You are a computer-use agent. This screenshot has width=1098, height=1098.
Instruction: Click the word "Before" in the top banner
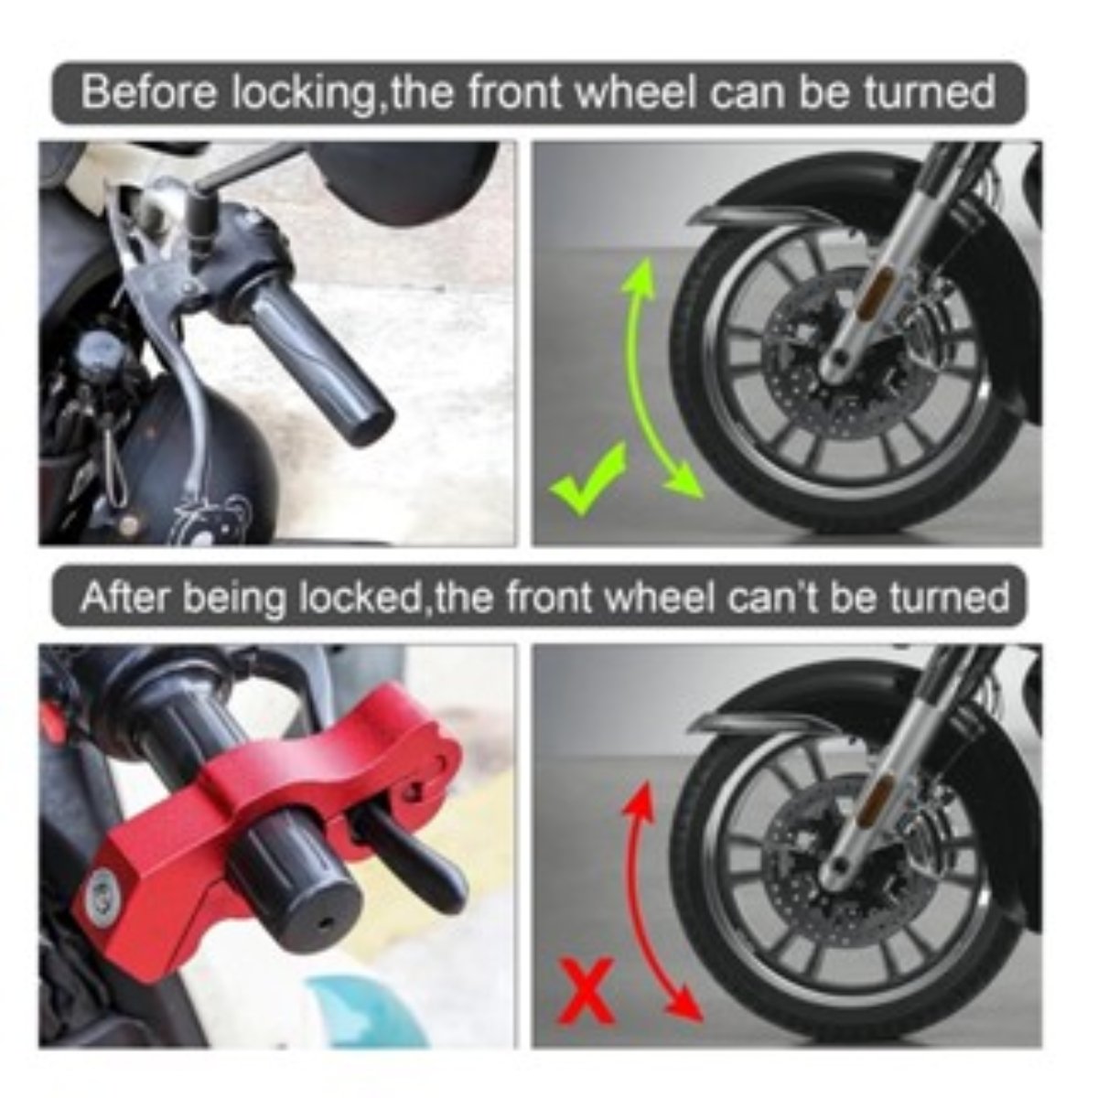(147, 93)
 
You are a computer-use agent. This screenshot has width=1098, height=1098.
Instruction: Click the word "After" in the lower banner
(126, 598)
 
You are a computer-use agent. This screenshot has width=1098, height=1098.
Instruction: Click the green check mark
(587, 478)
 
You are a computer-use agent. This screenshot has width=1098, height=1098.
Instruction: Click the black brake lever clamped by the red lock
(410, 855)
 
